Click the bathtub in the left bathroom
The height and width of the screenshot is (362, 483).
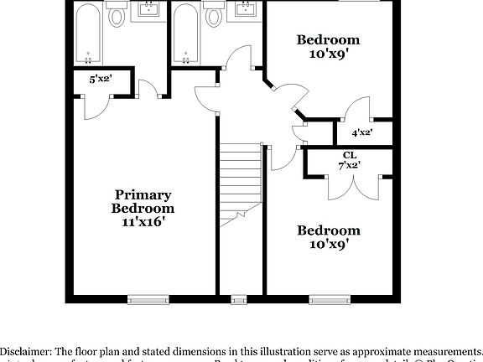[x=88, y=34]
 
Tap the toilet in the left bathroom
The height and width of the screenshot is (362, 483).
[x=117, y=17]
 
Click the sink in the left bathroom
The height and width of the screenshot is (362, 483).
[x=149, y=9]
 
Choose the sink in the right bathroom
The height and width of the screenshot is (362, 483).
[x=246, y=9]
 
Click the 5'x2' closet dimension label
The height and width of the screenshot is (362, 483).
[x=101, y=79]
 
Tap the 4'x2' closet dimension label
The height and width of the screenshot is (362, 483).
[x=362, y=132]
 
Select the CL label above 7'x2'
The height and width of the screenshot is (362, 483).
[x=348, y=155]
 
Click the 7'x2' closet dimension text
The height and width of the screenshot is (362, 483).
[x=348, y=166]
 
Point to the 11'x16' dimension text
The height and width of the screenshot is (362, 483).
[x=143, y=222]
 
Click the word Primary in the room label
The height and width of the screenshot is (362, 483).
[x=143, y=194]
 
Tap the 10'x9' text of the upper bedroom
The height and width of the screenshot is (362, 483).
[x=329, y=53]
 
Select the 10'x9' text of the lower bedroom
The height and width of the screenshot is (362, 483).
[x=329, y=244]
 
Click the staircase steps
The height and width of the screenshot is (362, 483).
[x=241, y=180]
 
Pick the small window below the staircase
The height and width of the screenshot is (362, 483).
[x=241, y=297]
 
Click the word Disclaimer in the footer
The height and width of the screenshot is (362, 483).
[x=26, y=351]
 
